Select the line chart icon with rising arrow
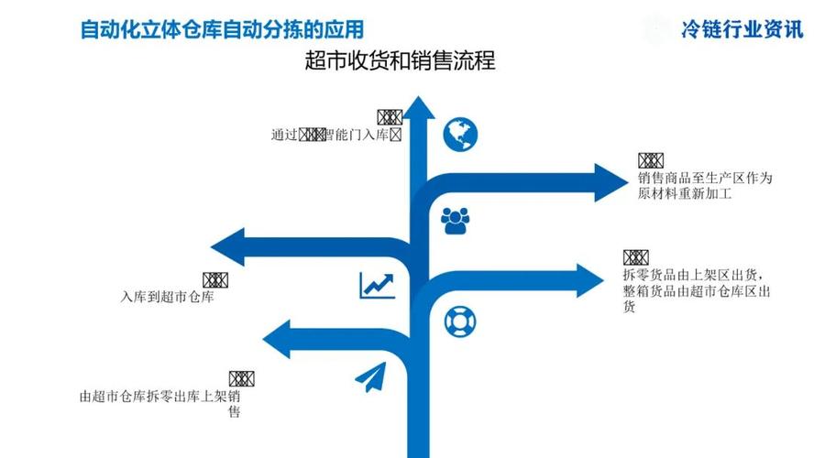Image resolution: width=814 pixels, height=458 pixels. click(x=377, y=285)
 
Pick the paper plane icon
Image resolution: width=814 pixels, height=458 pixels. click(x=370, y=377)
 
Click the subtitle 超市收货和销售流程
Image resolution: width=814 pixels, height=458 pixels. click(x=400, y=61)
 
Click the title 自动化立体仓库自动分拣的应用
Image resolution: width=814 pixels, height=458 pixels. click(x=228, y=28)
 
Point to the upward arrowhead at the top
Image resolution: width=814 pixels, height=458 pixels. click(x=420, y=109)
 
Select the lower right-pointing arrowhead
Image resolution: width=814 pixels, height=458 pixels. click(x=591, y=280)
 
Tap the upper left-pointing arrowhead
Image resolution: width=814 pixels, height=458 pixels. click(x=228, y=247)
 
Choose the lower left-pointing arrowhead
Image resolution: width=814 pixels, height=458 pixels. click(x=280, y=340)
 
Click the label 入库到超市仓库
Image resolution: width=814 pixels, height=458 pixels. click(x=167, y=297)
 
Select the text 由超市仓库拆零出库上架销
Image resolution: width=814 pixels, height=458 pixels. click(x=160, y=397)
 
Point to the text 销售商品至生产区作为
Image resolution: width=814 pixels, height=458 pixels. click(x=706, y=178)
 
